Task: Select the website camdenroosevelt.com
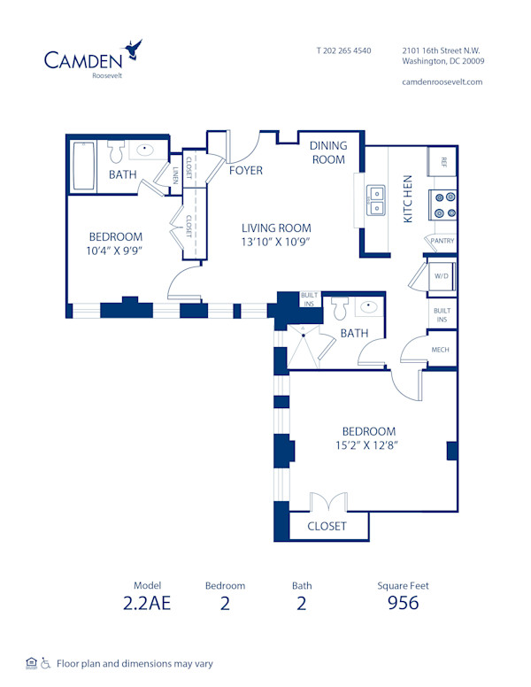coord(442,81)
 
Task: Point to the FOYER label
coord(245,170)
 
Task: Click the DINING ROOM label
coord(327,152)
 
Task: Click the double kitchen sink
coord(376,200)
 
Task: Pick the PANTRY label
coord(442,241)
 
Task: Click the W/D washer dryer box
coord(440,274)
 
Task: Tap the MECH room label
coord(440,350)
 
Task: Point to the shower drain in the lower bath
coord(303,334)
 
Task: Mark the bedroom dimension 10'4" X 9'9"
coord(115,251)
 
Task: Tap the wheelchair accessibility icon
coord(45,662)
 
